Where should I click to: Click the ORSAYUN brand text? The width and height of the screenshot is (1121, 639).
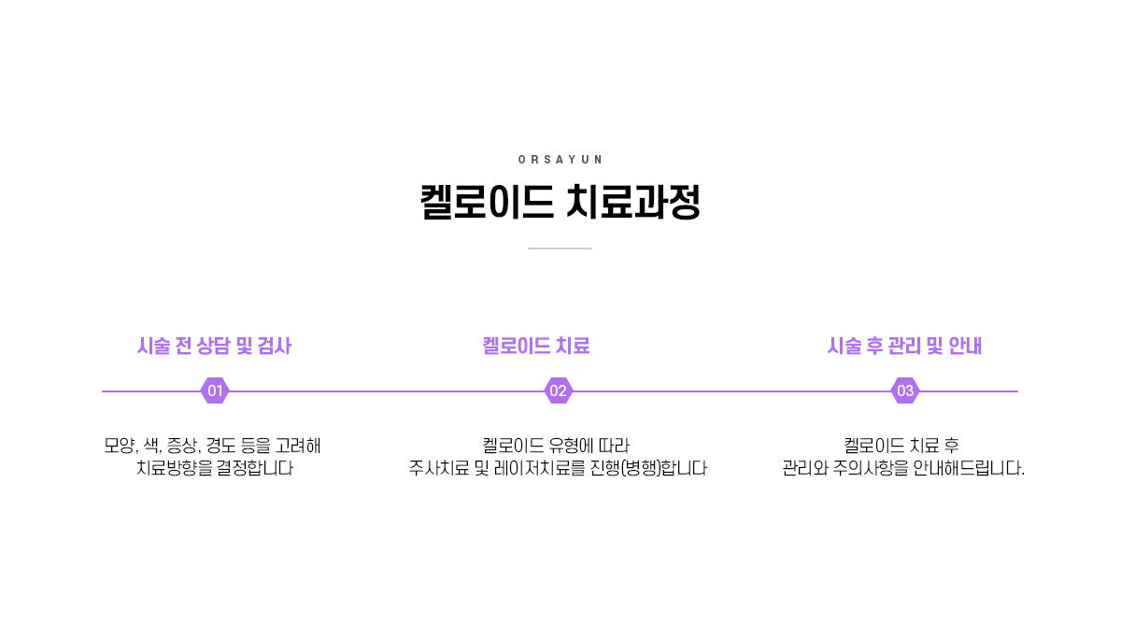click(x=560, y=160)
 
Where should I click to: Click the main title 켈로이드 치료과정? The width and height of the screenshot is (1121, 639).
click(x=560, y=203)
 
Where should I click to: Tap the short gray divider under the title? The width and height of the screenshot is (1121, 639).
click(x=560, y=248)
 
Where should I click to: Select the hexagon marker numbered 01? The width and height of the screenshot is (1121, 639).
click(x=215, y=390)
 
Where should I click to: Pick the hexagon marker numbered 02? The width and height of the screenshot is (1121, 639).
click(x=558, y=390)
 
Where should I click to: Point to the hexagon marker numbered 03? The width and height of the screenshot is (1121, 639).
click(x=904, y=390)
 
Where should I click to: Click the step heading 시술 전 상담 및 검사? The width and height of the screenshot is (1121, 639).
click(x=214, y=347)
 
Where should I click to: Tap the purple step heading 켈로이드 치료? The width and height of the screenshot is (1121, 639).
click(x=536, y=347)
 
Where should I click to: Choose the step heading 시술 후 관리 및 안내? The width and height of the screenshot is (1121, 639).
click(x=904, y=347)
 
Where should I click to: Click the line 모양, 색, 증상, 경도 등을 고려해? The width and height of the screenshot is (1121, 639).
click(x=213, y=445)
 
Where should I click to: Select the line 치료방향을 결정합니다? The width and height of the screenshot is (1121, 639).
click(x=215, y=468)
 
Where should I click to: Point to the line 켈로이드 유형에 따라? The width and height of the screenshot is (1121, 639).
click(x=557, y=445)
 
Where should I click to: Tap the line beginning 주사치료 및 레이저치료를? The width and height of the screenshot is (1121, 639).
click(x=558, y=468)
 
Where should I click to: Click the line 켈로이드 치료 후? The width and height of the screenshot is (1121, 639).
click(x=902, y=445)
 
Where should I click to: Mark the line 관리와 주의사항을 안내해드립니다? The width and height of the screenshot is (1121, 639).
click(x=903, y=468)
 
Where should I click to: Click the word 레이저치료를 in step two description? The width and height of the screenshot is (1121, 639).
click(x=540, y=468)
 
